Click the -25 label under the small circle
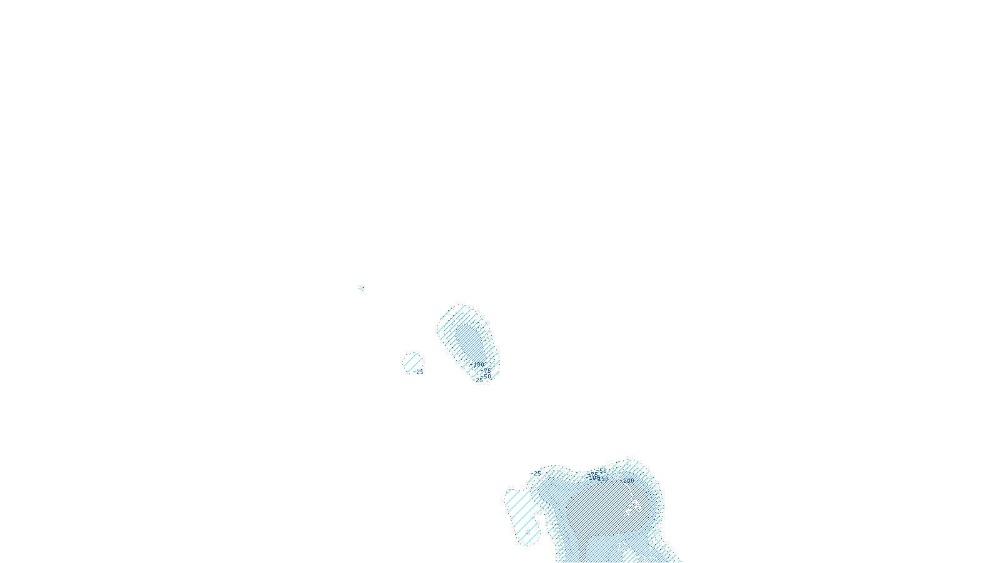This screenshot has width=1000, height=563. click(418, 372)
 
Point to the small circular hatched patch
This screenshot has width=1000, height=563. click(412, 362)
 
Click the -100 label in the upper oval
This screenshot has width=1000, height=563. click(477, 363)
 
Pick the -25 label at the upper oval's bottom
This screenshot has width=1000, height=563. click(478, 380)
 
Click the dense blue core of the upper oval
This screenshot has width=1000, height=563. click(469, 341)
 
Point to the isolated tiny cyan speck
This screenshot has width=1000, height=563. click(361, 288)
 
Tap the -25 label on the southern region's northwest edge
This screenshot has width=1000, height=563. click(536, 474)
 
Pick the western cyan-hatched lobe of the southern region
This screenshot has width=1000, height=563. click(522, 513)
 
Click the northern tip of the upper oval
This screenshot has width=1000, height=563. click(461, 307)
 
